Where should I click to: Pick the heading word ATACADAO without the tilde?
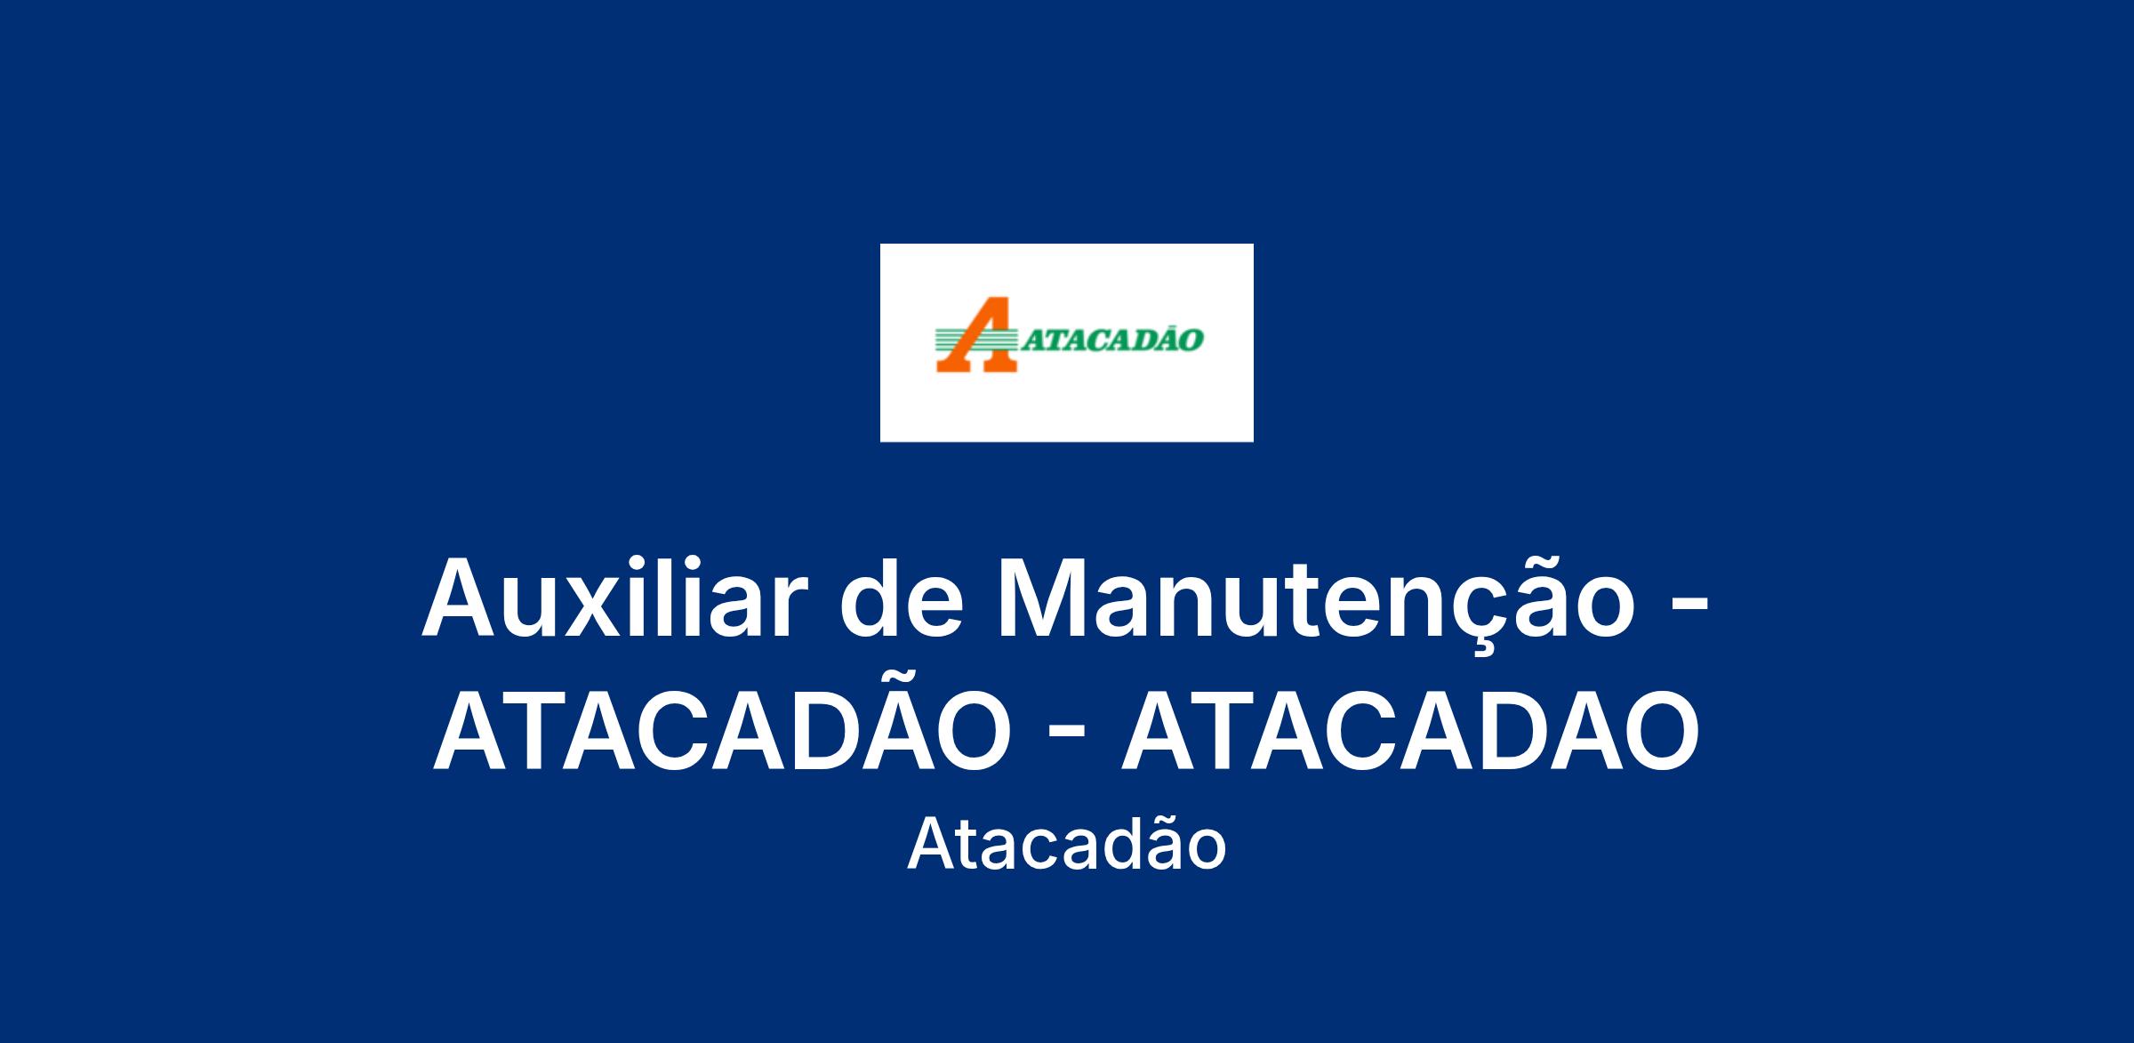[x=1409, y=729]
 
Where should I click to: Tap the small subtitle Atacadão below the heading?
[x=1066, y=843]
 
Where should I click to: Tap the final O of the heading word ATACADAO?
[x=1657, y=729]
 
